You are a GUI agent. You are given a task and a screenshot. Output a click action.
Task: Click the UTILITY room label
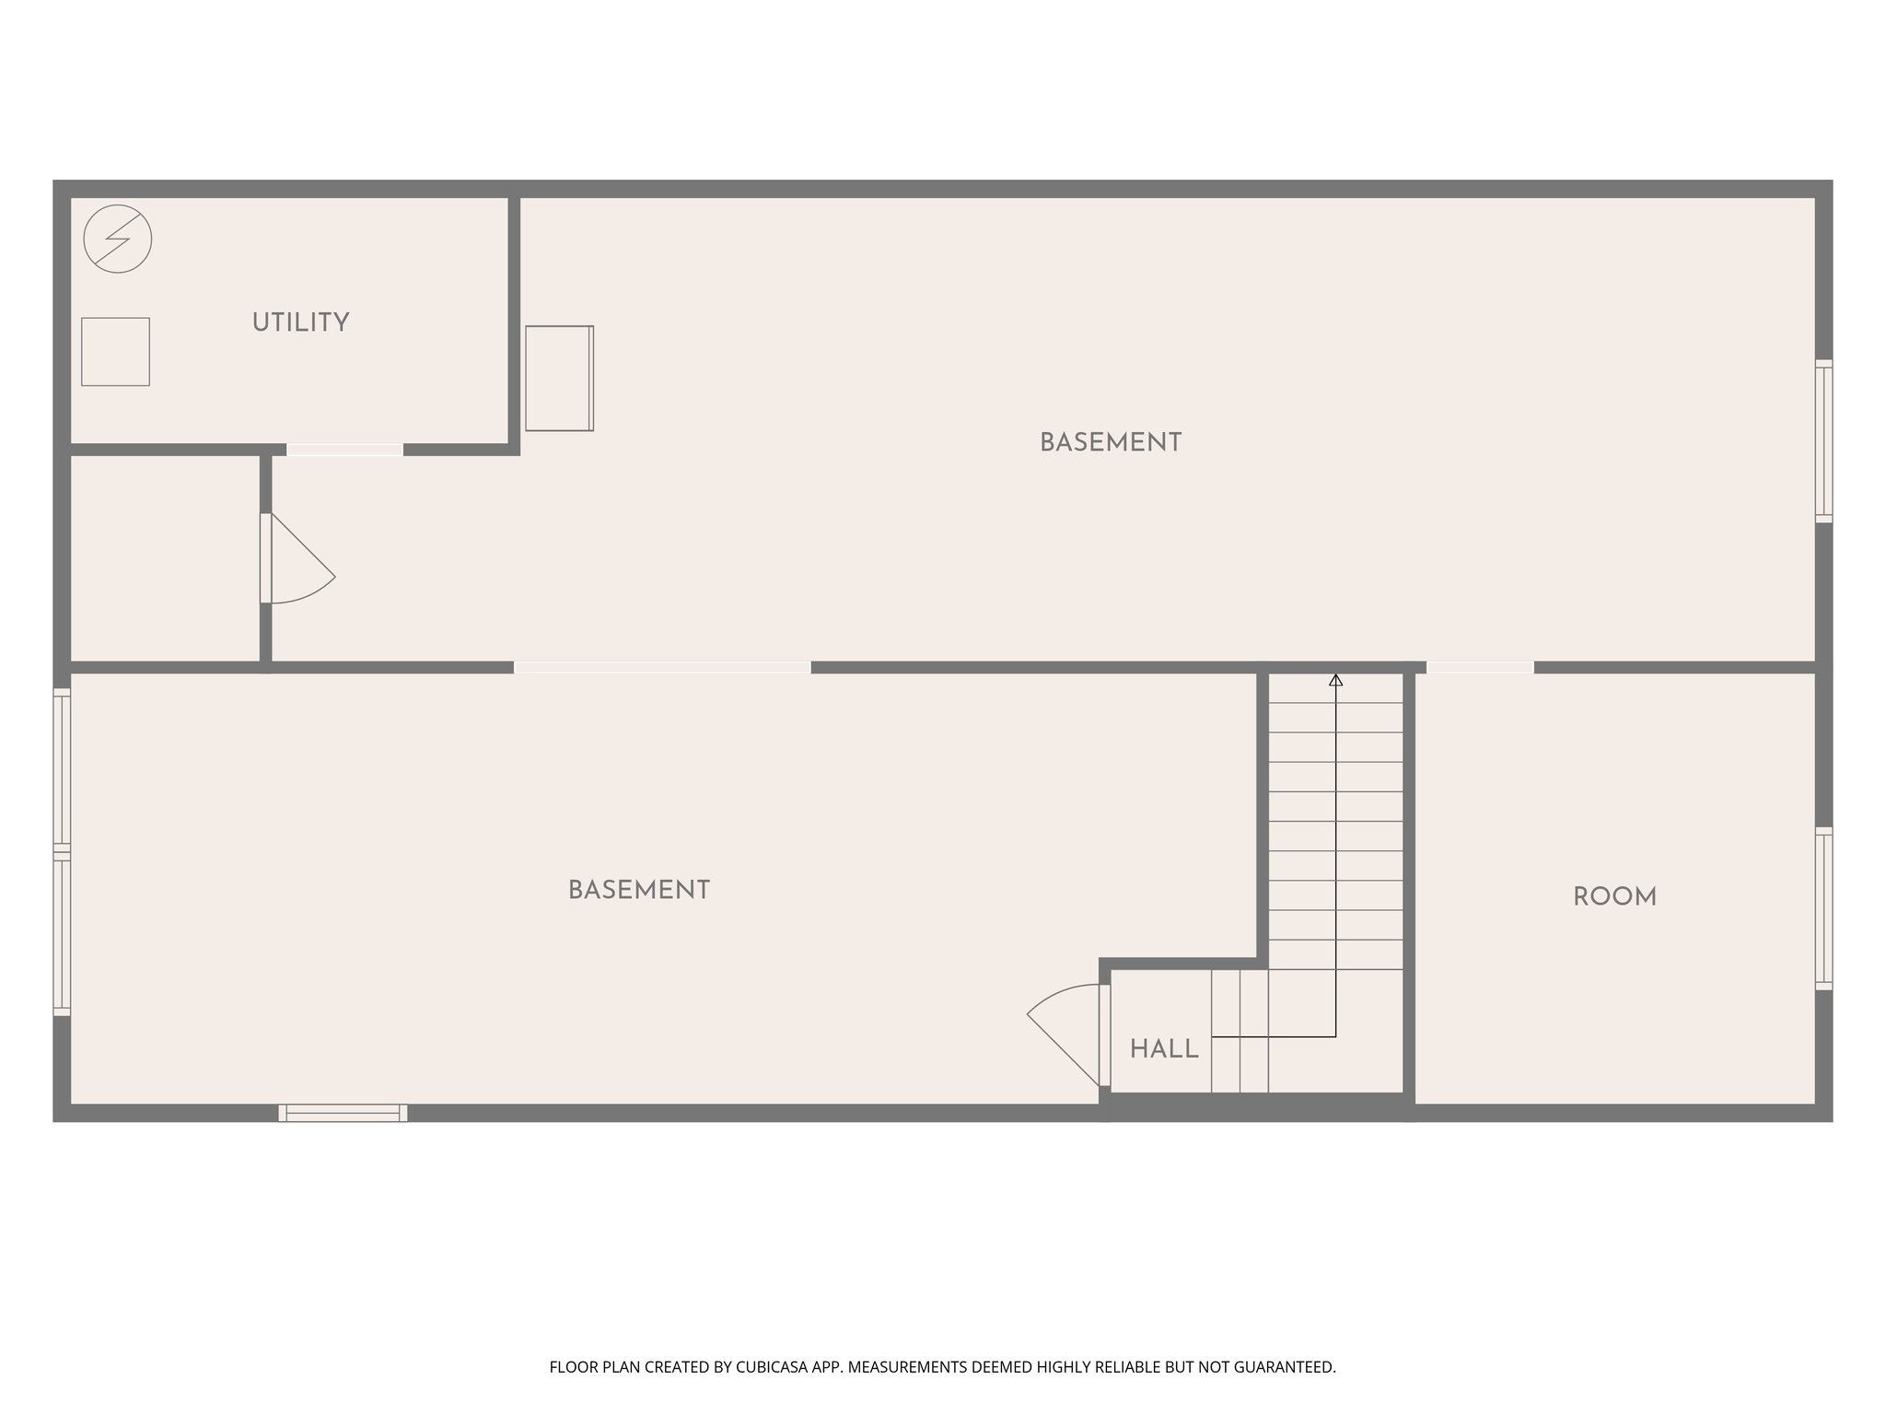tap(300, 323)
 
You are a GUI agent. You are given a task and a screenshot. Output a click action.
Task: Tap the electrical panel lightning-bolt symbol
tap(117, 239)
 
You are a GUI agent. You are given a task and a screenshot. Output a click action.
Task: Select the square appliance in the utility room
tap(115, 352)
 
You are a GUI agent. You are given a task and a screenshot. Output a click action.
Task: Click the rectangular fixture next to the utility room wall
tap(559, 378)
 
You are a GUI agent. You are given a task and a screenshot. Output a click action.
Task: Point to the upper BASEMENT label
tap(1110, 443)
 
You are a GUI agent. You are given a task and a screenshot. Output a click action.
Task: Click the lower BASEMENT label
tap(638, 891)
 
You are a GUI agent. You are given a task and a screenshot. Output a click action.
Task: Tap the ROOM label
tap(1614, 897)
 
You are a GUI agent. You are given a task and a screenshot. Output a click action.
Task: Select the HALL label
tap(1164, 1049)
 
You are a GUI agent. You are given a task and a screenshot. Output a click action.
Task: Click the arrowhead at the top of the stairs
tap(1335, 681)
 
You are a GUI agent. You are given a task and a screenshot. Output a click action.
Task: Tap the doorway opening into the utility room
tap(344, 450)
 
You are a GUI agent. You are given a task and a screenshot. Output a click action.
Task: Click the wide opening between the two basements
tap(662, 667)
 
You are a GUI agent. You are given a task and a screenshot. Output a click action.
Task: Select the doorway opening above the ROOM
tap(1480, 667)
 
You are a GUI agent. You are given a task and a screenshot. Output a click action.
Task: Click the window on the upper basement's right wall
tap(1823, 441)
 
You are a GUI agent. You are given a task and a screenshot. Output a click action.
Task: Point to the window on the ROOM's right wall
tap(1823, 908)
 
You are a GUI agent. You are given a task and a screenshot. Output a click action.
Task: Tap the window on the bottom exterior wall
tap(343, 1113)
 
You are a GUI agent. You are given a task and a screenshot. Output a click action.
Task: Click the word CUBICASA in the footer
tap(772, 1367)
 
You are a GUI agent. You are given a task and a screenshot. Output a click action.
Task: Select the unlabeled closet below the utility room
tap(165, 558)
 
